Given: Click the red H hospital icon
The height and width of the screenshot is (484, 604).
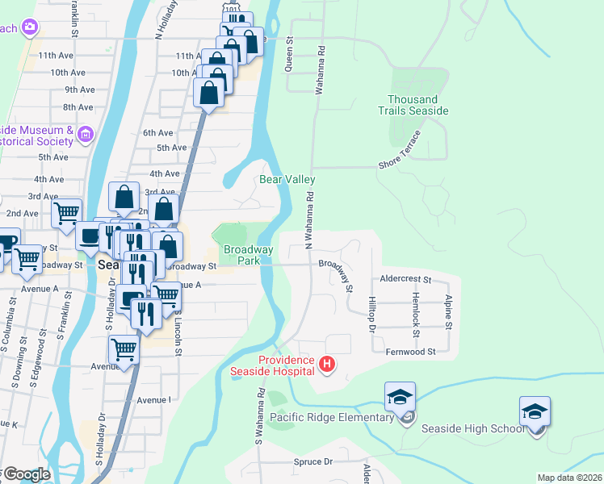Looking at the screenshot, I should click(327, 365).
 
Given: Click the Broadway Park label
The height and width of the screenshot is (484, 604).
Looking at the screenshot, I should click(241, 255).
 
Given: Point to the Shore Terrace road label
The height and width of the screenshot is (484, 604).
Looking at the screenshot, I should click(400, 150).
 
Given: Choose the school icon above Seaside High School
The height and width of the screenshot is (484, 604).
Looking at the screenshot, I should click(535, 413).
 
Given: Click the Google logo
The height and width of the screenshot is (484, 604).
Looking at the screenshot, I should click(26, 474).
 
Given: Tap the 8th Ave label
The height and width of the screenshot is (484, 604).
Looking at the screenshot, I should click(78, 107).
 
